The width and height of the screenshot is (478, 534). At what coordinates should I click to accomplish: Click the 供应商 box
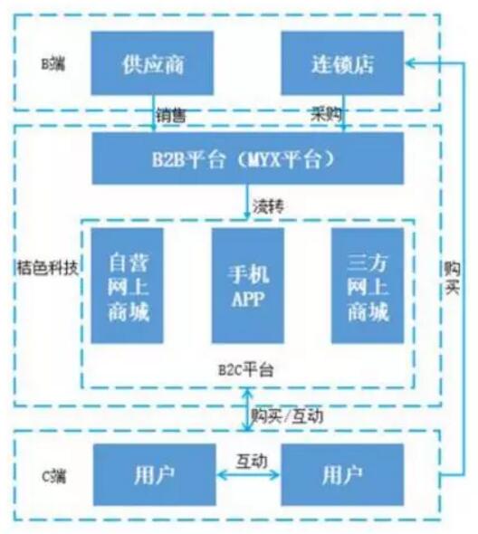click(x=152, y=63)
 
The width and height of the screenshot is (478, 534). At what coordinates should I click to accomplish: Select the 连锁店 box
click(x=342, y=63)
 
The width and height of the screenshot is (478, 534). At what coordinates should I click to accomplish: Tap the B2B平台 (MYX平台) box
click(x=248, y=158)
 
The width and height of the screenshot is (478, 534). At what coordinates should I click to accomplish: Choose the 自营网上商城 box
click(x=127, y=285)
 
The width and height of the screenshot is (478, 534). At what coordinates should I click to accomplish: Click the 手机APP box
click(x=248, y=285)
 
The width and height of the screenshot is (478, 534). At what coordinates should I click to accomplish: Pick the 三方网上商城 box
click(x=368, y=285)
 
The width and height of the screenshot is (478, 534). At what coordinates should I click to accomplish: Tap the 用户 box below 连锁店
click(x=342, y=474)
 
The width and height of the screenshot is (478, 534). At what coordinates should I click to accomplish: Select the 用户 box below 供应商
click(x=154, y=474)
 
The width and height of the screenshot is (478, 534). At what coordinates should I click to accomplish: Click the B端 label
click(x=53, y=63)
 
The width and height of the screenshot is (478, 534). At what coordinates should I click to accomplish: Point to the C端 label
click(x=53, y=476)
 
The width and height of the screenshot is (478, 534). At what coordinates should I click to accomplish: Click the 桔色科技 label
click(x=47, y=268)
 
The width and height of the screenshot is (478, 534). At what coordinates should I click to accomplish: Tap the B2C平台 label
click(x=246, y=370)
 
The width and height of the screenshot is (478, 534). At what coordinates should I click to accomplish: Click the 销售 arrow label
click(x=171, y=115)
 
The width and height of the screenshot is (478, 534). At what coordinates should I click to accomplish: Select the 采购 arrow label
click(x=326, y=113)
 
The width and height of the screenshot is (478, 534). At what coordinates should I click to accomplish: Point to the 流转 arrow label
click(x=268, y=206)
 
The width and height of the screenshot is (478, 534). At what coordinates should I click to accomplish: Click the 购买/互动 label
click(x=287, y=415)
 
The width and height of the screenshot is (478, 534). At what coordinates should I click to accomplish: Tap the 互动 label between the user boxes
click(x=252, y=461)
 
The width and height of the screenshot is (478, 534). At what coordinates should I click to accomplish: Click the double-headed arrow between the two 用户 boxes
click(x=248, y=475)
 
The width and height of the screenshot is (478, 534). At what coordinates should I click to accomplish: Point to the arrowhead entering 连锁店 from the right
click(x=409, y=63)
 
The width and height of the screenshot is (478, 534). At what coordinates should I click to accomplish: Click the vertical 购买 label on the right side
click(x=453, y=278)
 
